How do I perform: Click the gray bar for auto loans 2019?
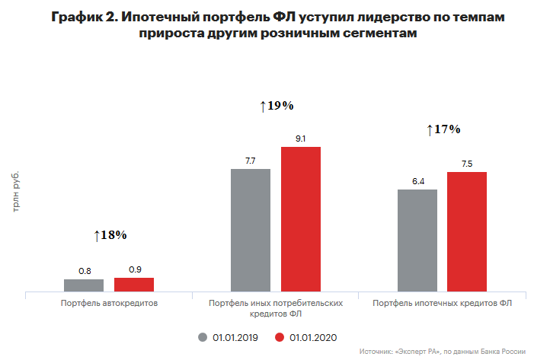84,285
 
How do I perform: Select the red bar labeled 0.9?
134,284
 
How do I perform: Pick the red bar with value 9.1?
301,219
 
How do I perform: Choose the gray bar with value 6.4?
417,240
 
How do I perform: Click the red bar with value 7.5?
467,231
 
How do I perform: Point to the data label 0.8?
85,270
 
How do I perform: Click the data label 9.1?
301,139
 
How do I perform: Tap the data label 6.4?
417,181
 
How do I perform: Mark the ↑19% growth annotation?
277,106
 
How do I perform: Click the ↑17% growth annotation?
443,129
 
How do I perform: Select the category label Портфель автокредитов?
109,303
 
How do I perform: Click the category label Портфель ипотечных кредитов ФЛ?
443,303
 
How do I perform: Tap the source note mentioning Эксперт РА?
442,352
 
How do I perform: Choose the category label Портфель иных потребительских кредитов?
276,307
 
